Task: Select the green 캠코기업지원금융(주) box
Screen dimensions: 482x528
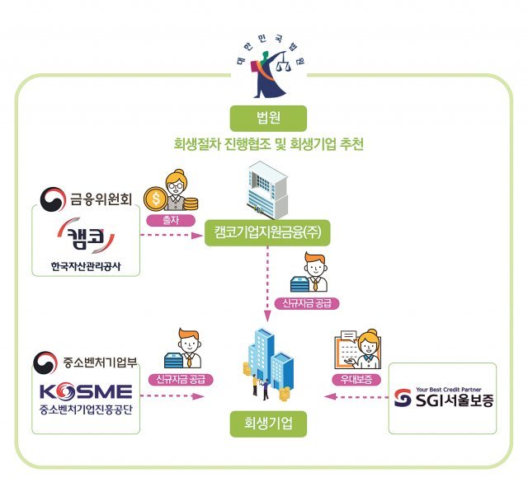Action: (x=267, y=232)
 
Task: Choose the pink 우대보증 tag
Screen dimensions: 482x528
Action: (x=357, y=380)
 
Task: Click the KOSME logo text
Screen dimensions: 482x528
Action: (x=84, y=388)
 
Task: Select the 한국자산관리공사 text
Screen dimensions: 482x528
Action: (x=85, y=265)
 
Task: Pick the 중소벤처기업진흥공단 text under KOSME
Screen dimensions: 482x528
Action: (x=84, y=405)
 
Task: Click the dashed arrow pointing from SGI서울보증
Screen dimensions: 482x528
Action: (x=354, y=396)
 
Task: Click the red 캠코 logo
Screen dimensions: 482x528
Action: (x=84, y=236)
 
